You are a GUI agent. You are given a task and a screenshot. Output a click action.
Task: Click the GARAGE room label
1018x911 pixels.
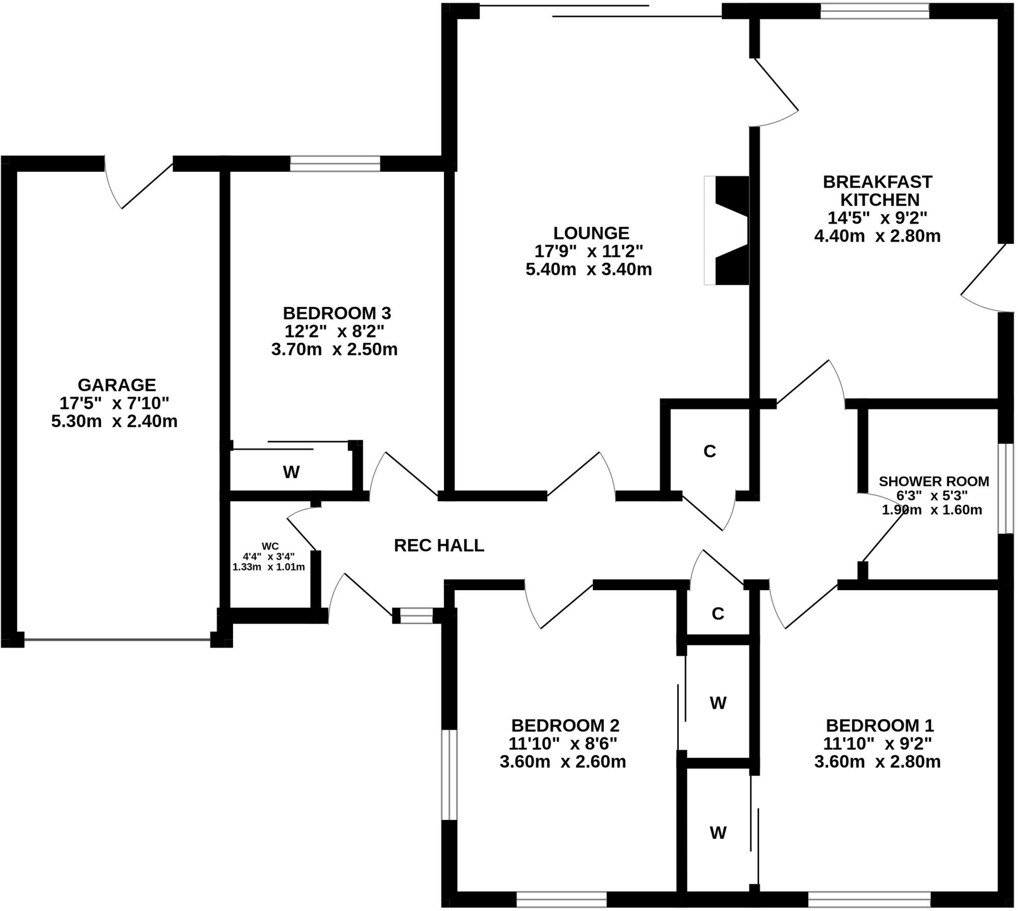[116, 384]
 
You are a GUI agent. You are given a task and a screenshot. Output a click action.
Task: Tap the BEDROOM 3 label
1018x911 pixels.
[337, 313]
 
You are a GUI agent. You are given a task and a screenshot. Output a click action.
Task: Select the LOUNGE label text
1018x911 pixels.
[591, 233]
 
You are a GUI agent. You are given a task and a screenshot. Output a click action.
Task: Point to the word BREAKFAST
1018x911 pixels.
[877, 182]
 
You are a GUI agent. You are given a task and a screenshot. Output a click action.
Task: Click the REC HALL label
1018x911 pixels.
[439, 545]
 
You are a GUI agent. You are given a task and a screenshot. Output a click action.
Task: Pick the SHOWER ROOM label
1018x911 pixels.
[933, 481]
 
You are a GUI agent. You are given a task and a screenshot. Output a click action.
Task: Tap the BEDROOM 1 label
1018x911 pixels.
[879, 726]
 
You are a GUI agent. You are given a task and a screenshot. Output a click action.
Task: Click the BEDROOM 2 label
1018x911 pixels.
[565, 726]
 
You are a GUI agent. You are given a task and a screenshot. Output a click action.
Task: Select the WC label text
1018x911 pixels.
[269, 546]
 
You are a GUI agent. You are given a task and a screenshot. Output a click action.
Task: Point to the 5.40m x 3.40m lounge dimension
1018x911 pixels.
[589, 270]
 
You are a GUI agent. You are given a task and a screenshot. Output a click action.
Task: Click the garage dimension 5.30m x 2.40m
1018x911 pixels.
[114, 421]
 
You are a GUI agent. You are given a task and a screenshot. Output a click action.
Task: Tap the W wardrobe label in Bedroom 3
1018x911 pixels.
[291, 471]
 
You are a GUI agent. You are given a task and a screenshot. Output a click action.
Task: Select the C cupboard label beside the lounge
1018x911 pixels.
[709, 451]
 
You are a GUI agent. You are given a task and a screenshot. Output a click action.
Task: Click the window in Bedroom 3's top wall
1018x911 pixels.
[335, 164]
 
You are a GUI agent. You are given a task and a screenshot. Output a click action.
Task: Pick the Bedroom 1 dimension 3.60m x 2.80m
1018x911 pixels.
[877, 761]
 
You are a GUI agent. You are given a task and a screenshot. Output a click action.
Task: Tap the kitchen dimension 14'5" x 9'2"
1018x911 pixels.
[877, 218]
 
